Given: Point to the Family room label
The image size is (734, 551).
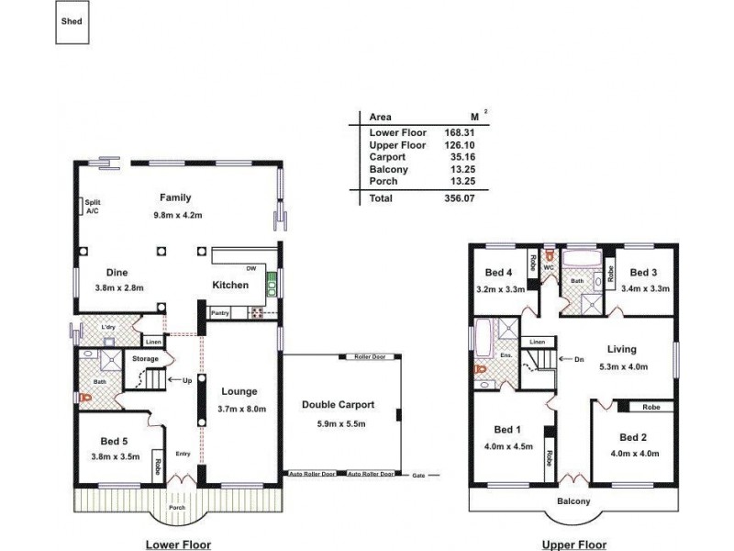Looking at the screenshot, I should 174,197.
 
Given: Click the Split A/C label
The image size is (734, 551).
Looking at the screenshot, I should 92,207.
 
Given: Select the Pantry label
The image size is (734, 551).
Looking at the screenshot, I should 219,313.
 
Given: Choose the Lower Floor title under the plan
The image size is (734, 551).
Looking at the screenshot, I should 179,545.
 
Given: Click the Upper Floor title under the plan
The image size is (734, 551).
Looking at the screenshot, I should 573,545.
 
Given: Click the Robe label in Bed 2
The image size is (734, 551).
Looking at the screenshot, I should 651,406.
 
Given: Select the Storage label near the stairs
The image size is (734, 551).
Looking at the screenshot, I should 146,358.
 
